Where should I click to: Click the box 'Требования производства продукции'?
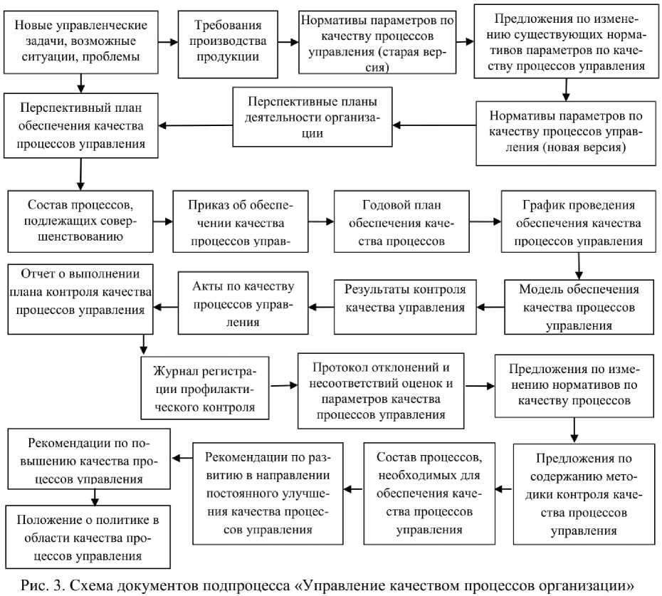(x=228, y=43)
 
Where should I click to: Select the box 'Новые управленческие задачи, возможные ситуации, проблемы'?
(x=81, y=42)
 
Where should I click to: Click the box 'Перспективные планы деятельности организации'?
(x=312, y=117)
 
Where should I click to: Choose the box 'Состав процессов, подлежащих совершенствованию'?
(x=82, y=221)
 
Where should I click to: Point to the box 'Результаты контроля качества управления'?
(x=405, y=306)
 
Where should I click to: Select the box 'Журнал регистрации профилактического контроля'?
(x=206, y=389)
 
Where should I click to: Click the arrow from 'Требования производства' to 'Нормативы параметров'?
(x=288, y=43)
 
